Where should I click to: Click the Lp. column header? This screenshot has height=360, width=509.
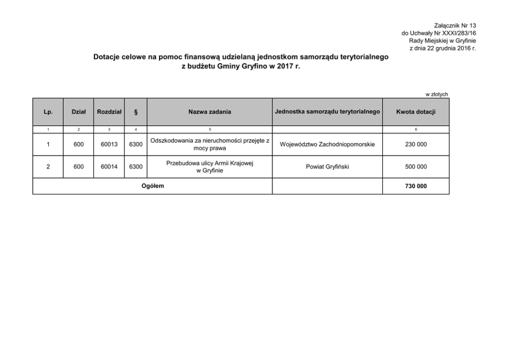(x=48, y=112)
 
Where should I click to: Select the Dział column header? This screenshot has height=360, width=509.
(x=79, y=112)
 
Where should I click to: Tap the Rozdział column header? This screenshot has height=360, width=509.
(x=109, y=112)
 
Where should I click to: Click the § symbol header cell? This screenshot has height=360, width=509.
(x=135, y=112)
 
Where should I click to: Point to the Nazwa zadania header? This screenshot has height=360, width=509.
(x=209, y=112)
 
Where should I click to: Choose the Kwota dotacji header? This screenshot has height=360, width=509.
(x=416, y=112)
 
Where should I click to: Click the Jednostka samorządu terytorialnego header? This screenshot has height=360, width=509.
(x=327, y=111)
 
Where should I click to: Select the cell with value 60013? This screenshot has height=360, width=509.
(x=109, y=145)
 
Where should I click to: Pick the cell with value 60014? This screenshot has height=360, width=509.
(x=109, y=167)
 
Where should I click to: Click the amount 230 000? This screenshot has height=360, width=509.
(x=416, y=145)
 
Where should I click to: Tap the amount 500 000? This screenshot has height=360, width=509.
(x=416, y=167)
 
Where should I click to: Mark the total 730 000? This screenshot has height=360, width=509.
(x=416, y=186)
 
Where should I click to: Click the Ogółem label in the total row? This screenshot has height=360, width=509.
(x=152, y=186)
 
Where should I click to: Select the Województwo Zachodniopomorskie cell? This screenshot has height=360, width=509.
(x=327, y=145)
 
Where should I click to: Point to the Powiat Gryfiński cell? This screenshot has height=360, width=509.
(x=327, y=167)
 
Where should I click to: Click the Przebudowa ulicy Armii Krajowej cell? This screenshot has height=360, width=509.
(x=210, y=167)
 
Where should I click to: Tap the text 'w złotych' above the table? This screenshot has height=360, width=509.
(x=437, y=94)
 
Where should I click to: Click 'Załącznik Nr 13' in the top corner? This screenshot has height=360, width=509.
(x=455, y=25)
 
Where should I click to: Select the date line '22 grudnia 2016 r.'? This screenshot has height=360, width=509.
(x=443, y=48)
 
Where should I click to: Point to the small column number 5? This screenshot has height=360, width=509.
(x=209, y=129)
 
